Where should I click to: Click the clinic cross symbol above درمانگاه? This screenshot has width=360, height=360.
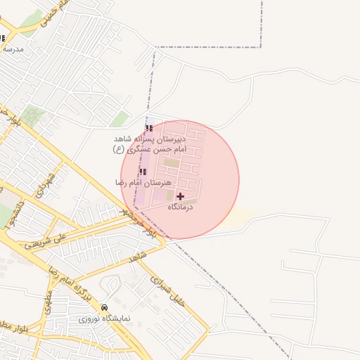coord(180,196)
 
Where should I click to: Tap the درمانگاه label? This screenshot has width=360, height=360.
coord(181,207)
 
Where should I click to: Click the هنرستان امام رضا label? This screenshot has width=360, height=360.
coord(143,183)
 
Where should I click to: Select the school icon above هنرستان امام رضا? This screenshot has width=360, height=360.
coord(143,172)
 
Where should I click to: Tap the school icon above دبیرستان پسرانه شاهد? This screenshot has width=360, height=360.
coord(148,128)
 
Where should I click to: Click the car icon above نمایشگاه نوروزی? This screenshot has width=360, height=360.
coord(105,307)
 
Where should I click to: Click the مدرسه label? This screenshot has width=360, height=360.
coord(13,49)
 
